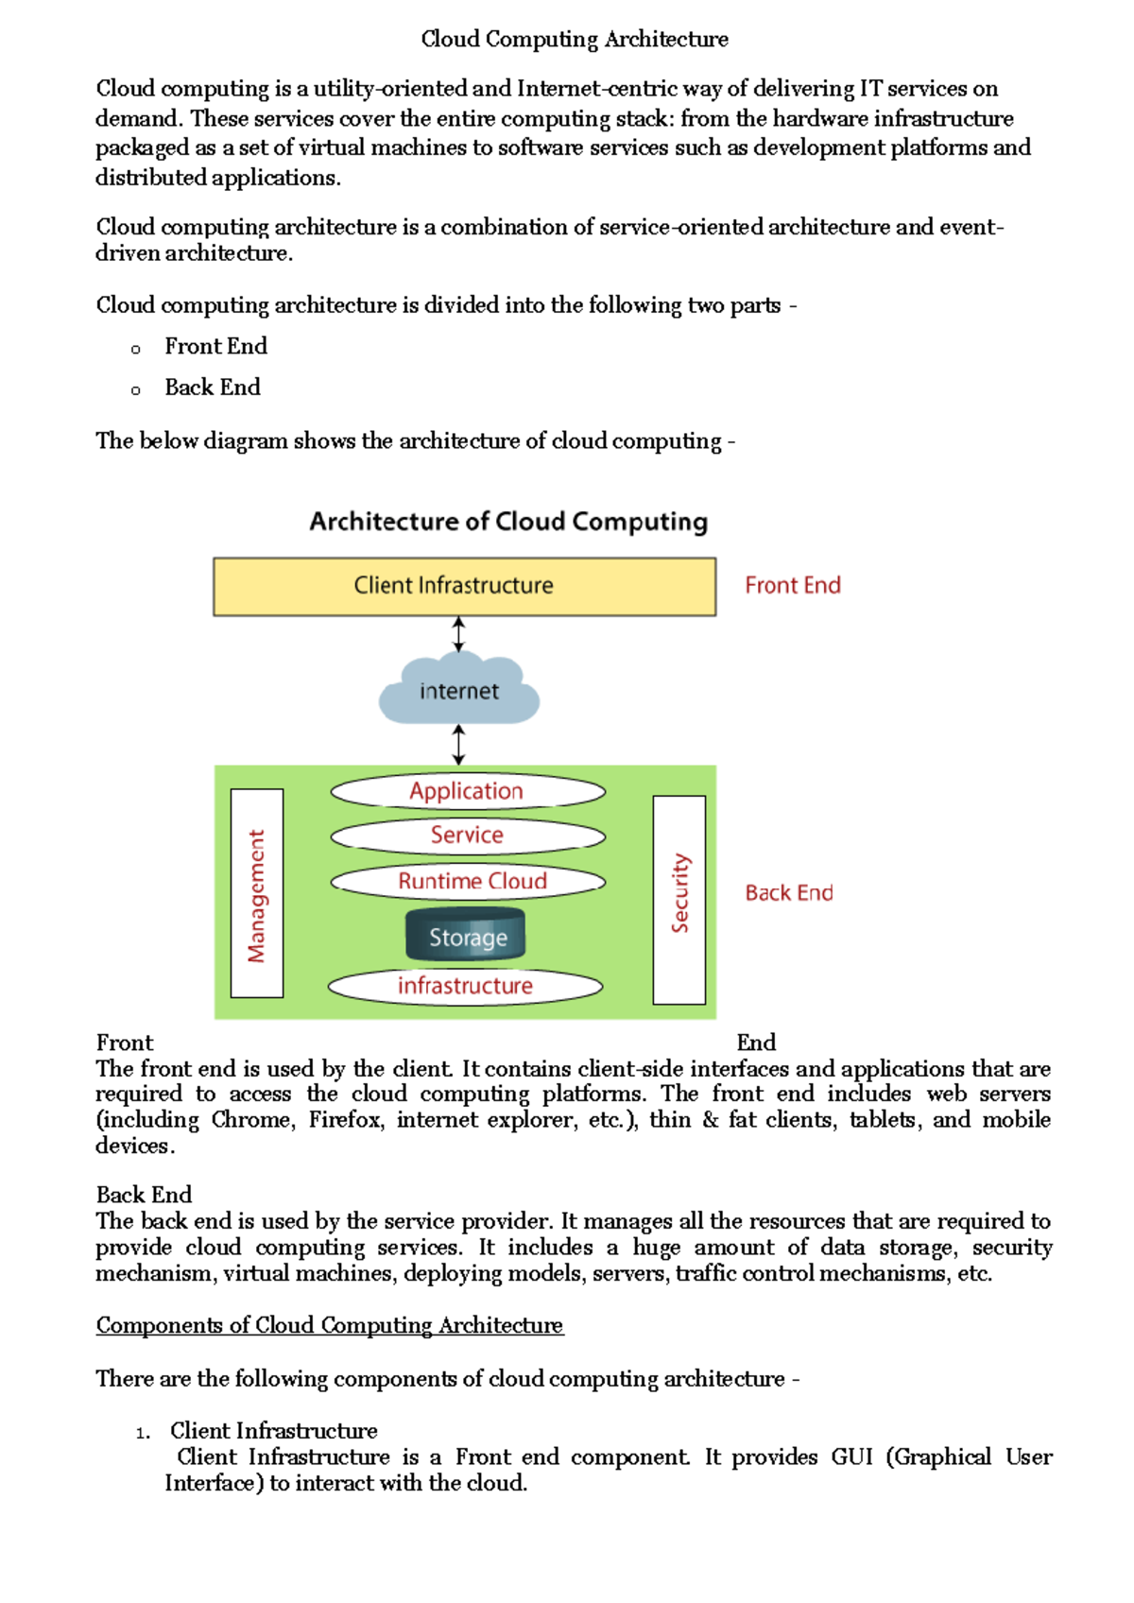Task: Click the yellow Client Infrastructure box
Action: (x=464, y=586)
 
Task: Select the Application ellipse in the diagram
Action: (x=467, y=791)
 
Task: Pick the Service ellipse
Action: (x=467, y=836)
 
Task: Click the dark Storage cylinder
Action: (x=466, y=936)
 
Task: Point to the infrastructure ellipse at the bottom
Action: (x=465, y=986)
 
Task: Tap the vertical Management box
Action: (x=257, y=893)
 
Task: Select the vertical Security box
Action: (x=679, y=899)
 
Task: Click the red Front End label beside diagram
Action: (x=792, y=586)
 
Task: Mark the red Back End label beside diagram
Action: (x=789, y=893)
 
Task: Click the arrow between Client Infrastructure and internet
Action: (x=458, y=634)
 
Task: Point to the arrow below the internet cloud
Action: (x=459, y=745)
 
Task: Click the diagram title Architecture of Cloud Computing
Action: (x=508, y=522)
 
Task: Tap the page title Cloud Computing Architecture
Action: (x=575, y=40)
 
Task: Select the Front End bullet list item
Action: (x=215, y=347)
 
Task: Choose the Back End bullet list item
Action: (x=213, y=388)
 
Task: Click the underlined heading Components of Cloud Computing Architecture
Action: (x=330, y=1325)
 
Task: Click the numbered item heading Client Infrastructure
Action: (x=274, y=1431)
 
